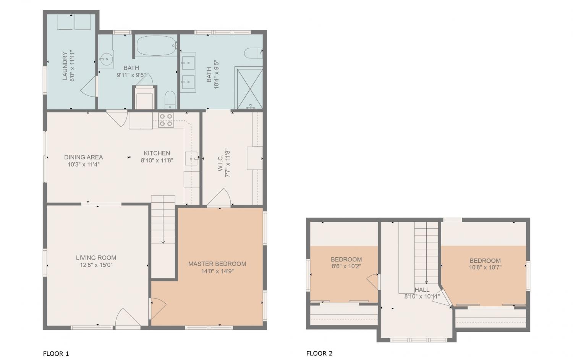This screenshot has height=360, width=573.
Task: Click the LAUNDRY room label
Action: click(x=65, y=66)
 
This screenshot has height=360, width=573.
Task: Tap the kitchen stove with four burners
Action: click(x=166, y=120)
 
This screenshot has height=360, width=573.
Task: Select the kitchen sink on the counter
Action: click(x=192, y=158)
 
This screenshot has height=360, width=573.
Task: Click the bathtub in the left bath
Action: click(x=156, y=46)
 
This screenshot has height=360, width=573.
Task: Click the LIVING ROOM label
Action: click(x=96, y=258)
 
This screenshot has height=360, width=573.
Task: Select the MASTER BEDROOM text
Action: click(x=217, y=264)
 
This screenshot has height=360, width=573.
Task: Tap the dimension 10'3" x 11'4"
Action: click(x=83, y=165)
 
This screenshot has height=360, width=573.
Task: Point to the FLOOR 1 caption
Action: click(x=56, y=354)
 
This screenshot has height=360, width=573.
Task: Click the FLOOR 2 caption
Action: click(x=319, y=354)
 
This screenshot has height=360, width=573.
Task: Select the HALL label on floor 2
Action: click(x=422, y=290)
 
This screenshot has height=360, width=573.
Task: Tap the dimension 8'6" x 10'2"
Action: click(x=346, y=266)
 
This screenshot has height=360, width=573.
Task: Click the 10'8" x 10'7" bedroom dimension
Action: click(x=485, y=268)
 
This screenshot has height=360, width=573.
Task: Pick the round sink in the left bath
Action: click(x=106, y=59)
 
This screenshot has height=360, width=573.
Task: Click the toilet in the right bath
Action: click(x=253, y=53)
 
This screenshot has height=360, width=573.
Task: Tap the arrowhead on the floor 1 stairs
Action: click(x=163, y=242)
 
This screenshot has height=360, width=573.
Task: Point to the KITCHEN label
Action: click(x=157, y=153)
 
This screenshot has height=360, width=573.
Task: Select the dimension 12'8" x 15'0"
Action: click(x=96, y=265)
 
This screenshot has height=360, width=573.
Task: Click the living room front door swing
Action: click(x=127, y=317)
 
